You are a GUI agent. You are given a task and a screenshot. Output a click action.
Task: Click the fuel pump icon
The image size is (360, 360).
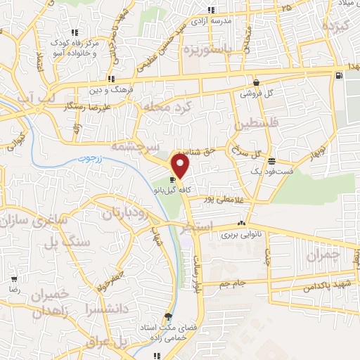341,75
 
